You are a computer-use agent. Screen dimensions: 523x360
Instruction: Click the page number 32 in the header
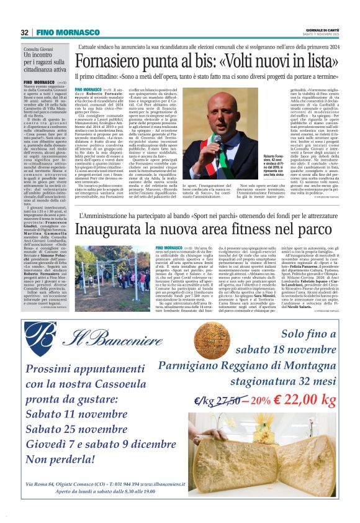click(x=24, y=32)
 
